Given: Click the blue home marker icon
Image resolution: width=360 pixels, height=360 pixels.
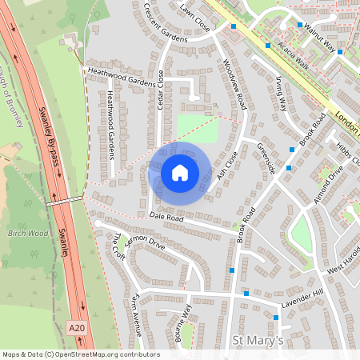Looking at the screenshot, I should pyautogui.click(x=180, y=173).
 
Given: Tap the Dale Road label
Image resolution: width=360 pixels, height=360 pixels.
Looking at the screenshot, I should pyautogui.click(x=166, y=217).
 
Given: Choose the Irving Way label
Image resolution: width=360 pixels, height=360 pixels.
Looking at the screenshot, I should pyautogui.click(x=281, y=93).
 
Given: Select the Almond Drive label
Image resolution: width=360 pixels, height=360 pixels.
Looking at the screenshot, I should pyautogui.click(x=330, y=183).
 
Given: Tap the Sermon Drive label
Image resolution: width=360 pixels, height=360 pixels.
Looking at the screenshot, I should pyautogui.click(x=145, y=244).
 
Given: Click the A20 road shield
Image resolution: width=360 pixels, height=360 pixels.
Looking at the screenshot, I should pyautogui.click(x=77, y=327).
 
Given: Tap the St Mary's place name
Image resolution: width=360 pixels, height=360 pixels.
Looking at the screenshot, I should pyautogui.click(x=258, y=341).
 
